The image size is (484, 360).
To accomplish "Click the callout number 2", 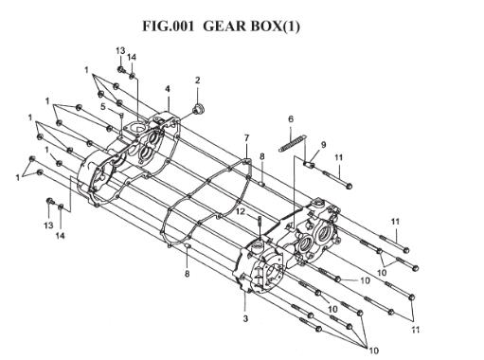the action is coord(198,81).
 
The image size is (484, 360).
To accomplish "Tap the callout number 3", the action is coord(245,318).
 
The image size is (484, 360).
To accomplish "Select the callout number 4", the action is coord(168,89).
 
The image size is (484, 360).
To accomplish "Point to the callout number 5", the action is coord(103,107).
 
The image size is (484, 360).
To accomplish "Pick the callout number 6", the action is coord(291,118).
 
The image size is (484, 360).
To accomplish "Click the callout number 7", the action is coord(246,138).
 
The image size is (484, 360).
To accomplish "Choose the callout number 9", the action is coord(324,145).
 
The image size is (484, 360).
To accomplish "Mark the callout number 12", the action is coord(241,211).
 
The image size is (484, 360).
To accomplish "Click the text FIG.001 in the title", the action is coord(168,26).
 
